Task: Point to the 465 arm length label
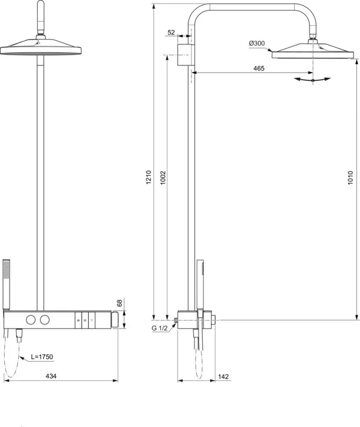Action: (259, 69)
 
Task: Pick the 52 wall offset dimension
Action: (172, 33)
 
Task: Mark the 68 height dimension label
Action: (119, 303)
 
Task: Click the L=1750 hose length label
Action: (43, 357)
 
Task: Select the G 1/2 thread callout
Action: (161, 328)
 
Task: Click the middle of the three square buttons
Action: (85, 319)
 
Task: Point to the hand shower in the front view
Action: (7, 282)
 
